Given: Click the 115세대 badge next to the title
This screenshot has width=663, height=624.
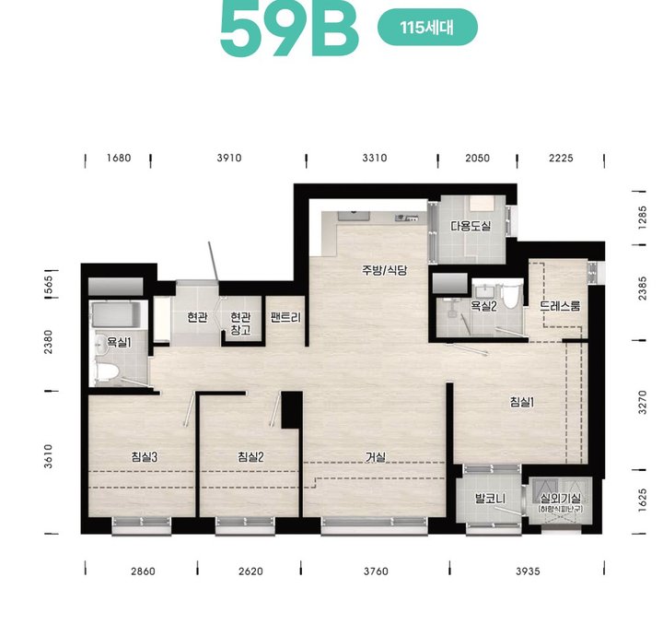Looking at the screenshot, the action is pos(427,28).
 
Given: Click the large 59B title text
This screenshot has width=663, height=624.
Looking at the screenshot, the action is pos(289,29).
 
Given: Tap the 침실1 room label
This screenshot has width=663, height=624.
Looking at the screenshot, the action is pos(522,402).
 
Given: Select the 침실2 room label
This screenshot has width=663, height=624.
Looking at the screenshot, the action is pos(250,457).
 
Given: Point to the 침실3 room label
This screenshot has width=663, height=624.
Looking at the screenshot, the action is pos(145,457).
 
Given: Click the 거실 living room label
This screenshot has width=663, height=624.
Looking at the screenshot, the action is pos(376,457).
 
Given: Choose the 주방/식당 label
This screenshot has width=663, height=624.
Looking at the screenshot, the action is pos(384,270).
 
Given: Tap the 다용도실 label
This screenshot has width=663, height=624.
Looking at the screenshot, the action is pos(471,226).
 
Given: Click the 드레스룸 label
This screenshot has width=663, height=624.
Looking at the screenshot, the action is pos(561,306).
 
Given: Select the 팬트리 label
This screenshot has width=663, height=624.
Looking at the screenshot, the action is pos(285,317).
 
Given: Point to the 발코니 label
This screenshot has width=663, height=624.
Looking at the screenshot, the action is pos(490,499).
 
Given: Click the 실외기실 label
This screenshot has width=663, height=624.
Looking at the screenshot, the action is pos(561,499).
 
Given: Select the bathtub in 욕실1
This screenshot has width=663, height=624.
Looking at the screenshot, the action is pos(115,315).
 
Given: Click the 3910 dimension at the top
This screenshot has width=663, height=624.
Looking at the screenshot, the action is pos(229,158).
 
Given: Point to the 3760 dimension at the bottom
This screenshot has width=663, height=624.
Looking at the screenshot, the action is pos(376,571).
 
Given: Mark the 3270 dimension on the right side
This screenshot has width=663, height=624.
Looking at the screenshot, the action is pos(643,402).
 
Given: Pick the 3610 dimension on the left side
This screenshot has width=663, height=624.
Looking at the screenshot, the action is pos(48,456).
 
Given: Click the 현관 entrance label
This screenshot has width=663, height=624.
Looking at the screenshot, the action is pos(197,317).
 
